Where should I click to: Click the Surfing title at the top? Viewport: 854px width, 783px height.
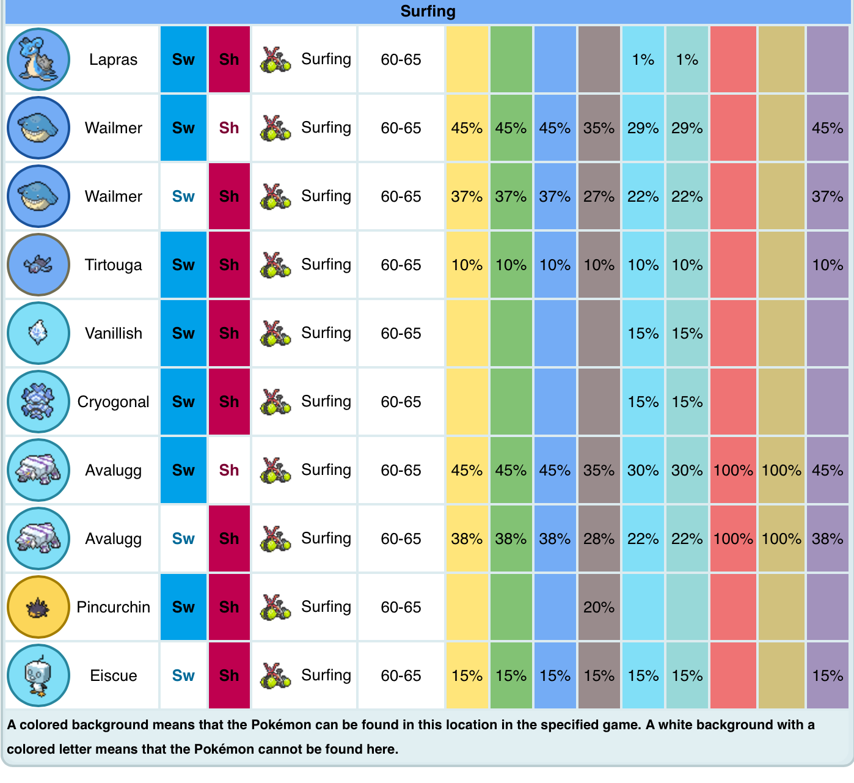coord(428,11)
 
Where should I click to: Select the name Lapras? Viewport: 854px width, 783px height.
coord(113,59)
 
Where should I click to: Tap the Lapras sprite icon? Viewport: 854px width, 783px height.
coord(38,59)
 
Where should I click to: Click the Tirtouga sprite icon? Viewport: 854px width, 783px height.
coord(38,265)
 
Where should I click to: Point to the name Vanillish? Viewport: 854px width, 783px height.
coord(113,333)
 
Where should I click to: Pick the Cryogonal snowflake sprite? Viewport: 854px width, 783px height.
coord(38,402)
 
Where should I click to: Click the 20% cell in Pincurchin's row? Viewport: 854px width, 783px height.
coord(599,607)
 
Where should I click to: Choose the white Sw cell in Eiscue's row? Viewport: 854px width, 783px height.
coord(183,675)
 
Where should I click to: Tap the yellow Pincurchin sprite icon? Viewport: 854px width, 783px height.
coord(38,607)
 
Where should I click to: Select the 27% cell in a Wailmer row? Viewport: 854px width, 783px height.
coord(599,196)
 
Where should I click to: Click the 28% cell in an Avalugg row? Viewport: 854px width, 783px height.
coord(599,539)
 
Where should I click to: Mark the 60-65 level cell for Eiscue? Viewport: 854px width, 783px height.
coord(401,675)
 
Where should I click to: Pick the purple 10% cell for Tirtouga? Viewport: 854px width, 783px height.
coord(827,265)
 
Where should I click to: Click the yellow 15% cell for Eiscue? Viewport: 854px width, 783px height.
coord(467,675)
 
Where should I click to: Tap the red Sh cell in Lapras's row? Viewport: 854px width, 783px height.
coord(229,59)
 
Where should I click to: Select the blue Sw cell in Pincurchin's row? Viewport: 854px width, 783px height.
coord(183,607)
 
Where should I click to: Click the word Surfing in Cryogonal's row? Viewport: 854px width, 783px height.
coord(326,402)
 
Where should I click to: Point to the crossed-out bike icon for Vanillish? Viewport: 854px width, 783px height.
coord(275,333)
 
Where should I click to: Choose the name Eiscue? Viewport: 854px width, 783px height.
coord(113,675)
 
